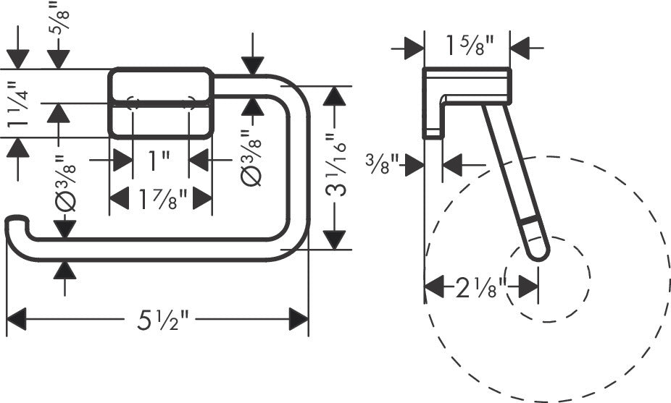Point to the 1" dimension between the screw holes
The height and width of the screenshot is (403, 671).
(159, 159)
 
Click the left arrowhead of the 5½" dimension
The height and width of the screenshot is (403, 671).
(16, 319)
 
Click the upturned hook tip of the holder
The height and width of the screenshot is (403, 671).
(14, 224)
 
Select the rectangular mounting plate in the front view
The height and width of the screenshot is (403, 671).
(160, 102)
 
